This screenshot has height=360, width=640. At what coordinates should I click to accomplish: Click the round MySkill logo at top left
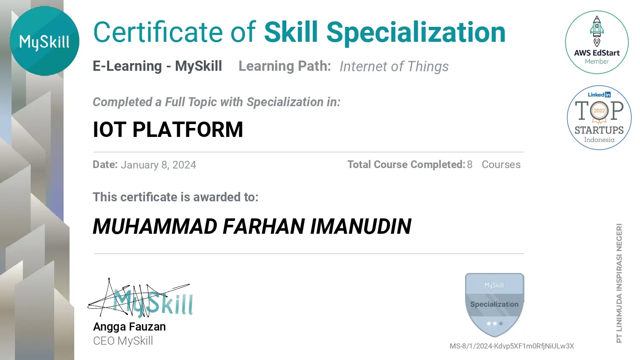(x=44, y=41)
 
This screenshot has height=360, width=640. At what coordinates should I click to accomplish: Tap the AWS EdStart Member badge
(x=596, y=42)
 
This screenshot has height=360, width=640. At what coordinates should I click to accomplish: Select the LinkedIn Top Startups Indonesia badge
(x=599, y=117)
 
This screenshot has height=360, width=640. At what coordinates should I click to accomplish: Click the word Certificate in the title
(x=158, y=32)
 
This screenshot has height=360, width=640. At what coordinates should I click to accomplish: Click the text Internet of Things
(x=394, y=66)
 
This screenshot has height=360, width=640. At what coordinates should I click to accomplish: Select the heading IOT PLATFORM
(x=168, y=129)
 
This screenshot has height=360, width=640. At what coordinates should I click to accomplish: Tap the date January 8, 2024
(x=159, y=165)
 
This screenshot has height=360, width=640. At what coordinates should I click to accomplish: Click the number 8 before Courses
(x=470, y=165)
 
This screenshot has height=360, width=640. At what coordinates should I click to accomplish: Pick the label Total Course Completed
(x=406, y=165)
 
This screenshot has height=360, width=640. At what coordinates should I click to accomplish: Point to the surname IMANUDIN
(x=361, y=226)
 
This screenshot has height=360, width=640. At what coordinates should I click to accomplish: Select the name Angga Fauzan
(x=129, y=327)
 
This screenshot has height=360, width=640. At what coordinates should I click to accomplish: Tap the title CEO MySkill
(x=123, y=341)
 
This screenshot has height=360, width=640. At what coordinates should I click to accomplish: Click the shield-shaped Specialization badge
(x=495, y=305)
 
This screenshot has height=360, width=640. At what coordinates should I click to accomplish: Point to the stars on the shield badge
(x=495, y=323)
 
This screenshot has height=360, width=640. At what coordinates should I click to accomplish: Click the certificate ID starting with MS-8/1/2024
(x=512, y=346)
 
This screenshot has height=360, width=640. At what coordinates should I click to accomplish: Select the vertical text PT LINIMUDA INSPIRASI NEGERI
(x=619, y=283)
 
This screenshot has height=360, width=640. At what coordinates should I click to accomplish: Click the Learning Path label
(x=285, y=66)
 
